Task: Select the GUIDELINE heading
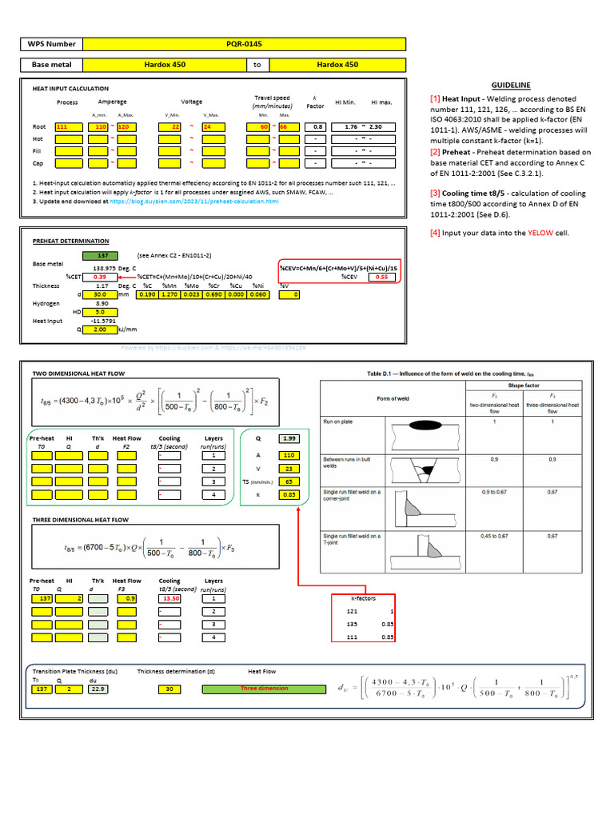tap(511, 85)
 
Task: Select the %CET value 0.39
tap(101, 276)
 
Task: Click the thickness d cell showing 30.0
tap(101, 294)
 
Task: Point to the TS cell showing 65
tap(288, 482)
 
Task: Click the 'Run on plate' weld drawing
tap(427, 436)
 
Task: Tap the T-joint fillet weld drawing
tap(427, 549)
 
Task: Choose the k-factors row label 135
tap(351, 623)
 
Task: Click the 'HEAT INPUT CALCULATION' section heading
tap(70, 89)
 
